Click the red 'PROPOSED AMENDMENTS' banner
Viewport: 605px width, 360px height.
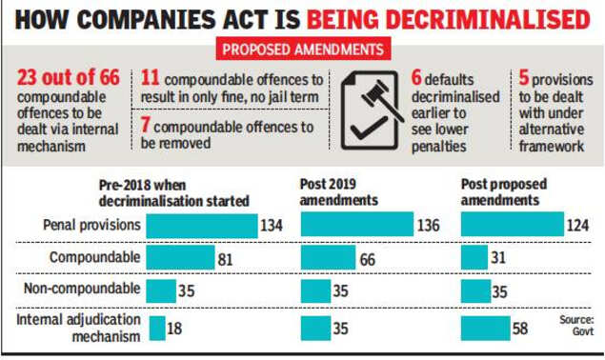tap(303, 49)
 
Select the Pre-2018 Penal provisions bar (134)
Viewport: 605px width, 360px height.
tap(201, 225)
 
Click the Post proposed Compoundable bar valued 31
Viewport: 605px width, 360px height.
tap(474, 259)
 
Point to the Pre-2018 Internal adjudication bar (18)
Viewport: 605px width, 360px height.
tap(157, 328)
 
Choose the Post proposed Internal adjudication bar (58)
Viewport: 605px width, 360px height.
tap(486, 328)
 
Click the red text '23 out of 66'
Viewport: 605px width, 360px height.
tap(68, 78)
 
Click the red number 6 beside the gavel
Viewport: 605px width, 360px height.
tap(415, 78)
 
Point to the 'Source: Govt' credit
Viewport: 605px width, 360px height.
tap(576, 326)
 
